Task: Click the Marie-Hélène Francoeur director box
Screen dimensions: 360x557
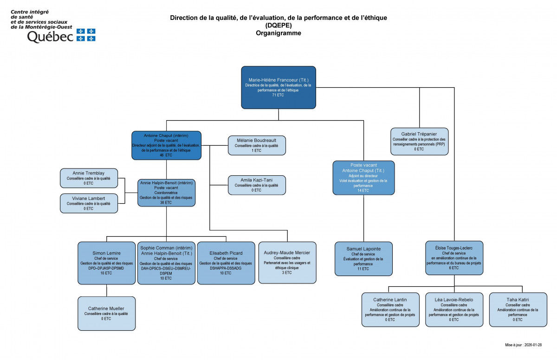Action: [278, 88]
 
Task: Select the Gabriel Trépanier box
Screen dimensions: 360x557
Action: [419, 141]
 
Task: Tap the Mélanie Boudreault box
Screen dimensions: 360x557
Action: [257, 145]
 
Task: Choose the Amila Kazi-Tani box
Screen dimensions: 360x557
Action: [257, 185]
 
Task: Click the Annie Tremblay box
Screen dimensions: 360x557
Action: [89, 178]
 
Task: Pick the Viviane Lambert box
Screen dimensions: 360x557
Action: [89, 203]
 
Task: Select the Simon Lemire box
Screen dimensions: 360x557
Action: [106, 263]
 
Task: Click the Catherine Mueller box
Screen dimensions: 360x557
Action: [106, 313]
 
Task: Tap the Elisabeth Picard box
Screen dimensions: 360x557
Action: [226, 263]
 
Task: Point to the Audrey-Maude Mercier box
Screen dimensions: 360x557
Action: [287, 262]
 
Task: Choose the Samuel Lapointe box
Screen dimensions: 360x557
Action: [363, 258]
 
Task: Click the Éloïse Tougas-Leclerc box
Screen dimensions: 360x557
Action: [454, 257]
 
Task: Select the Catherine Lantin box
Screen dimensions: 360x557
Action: [390, 309]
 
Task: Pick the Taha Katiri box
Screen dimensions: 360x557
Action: [517, 309]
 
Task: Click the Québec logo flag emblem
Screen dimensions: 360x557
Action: [86, 35]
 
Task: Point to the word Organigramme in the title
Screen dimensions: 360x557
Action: [278, 33]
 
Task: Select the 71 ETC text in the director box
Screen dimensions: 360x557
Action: [278, 95]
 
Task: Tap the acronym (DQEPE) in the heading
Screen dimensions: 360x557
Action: [278, 26]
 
